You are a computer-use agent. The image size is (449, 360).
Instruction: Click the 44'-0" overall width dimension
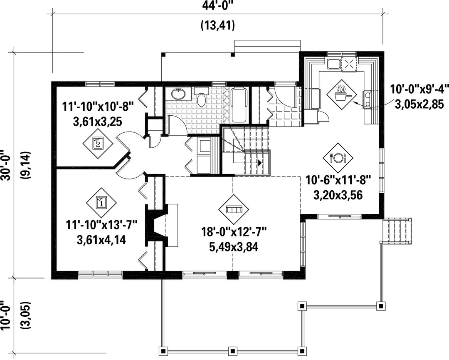(217, 6)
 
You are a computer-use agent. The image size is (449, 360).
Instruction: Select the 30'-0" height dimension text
(6, 165)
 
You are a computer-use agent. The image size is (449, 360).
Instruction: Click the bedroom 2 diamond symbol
(98, 143)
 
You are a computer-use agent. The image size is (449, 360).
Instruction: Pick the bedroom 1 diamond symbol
(101, 202)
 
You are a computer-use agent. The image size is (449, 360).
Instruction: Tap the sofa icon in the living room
(234, 209)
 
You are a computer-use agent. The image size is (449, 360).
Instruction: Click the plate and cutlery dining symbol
(338, 157)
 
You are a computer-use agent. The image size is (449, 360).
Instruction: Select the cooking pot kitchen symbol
(342, 94)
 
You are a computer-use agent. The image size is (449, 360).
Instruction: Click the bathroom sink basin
(179, 94)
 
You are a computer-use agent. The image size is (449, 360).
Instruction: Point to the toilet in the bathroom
(202, 97)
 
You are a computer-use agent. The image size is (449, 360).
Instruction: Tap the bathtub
(239, 105)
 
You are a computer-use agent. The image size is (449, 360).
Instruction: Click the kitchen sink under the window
(333, 63)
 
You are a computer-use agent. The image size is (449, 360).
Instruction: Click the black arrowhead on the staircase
(259, 163)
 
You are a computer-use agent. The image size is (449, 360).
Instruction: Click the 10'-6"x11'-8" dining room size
(338, 181)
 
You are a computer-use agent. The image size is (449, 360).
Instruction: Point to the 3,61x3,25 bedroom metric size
(98, 122)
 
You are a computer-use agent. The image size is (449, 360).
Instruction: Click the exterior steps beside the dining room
(397, 231)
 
